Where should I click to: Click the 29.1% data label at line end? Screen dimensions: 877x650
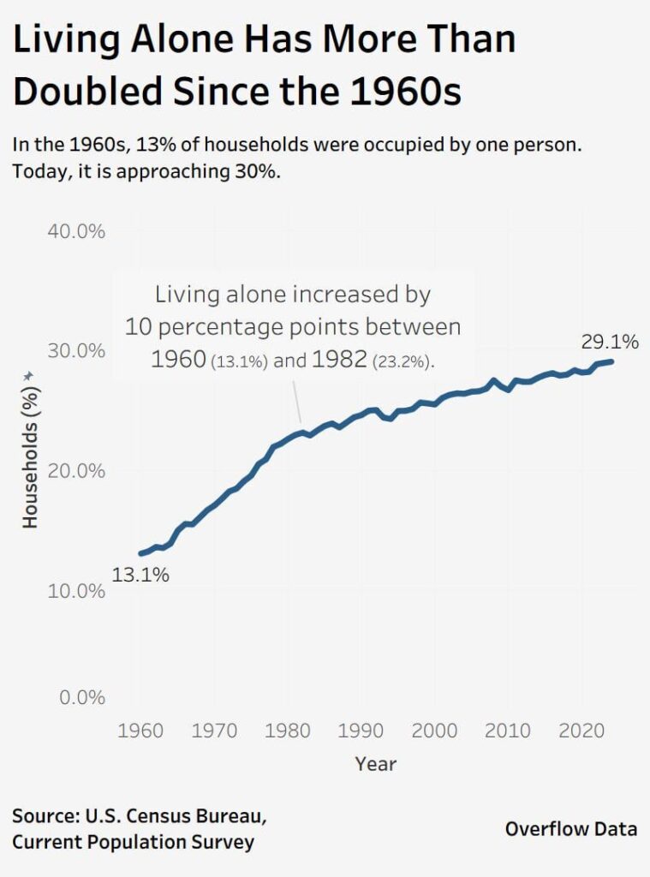pos(610,342)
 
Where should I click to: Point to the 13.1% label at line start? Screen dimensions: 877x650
pos(140,576)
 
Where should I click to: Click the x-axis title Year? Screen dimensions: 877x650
pos(376,763)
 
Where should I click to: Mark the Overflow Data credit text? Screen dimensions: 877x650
pos(570,829)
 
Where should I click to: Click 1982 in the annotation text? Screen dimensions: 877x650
pos(339,360)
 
